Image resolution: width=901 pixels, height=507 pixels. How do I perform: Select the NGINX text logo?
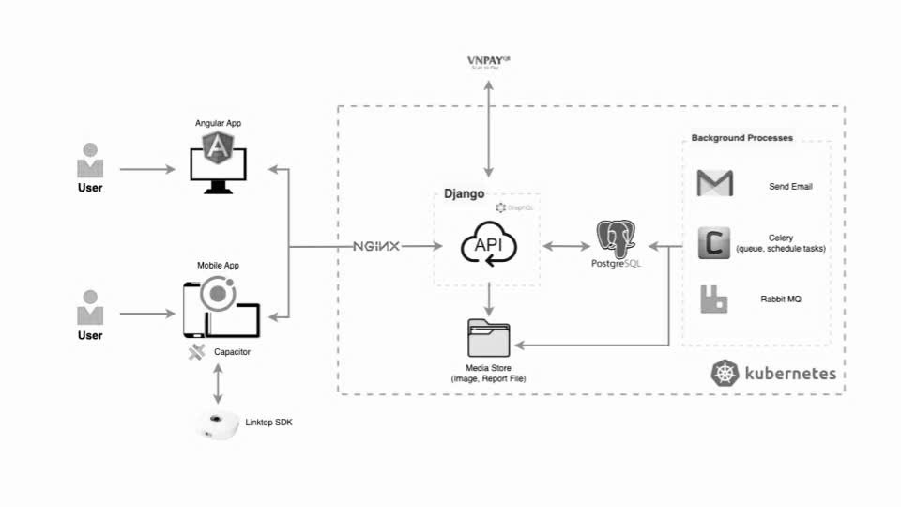[376, 246]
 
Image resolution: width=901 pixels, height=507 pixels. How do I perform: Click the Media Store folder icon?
[488, 337]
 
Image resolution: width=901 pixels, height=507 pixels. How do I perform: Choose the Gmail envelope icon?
[714, 184]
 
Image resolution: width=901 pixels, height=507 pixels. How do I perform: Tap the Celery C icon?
[714, 243]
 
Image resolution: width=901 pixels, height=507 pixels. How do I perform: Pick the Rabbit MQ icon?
[714, 299]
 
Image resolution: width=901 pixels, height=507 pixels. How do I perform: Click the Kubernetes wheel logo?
[725, 373]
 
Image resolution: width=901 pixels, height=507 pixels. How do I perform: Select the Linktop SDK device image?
[217, 424]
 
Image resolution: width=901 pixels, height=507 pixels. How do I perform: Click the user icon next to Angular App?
[90, 161]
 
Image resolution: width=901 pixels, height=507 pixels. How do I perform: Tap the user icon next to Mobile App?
[90, 309]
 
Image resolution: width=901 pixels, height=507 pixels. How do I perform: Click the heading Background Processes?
[741, 138]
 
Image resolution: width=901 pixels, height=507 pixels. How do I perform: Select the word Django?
[464, 193]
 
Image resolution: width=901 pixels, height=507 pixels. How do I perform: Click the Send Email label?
[789, 187]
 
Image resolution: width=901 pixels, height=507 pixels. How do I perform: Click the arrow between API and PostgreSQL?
[565, 247]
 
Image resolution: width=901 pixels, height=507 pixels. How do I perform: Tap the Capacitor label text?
[232, 352]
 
